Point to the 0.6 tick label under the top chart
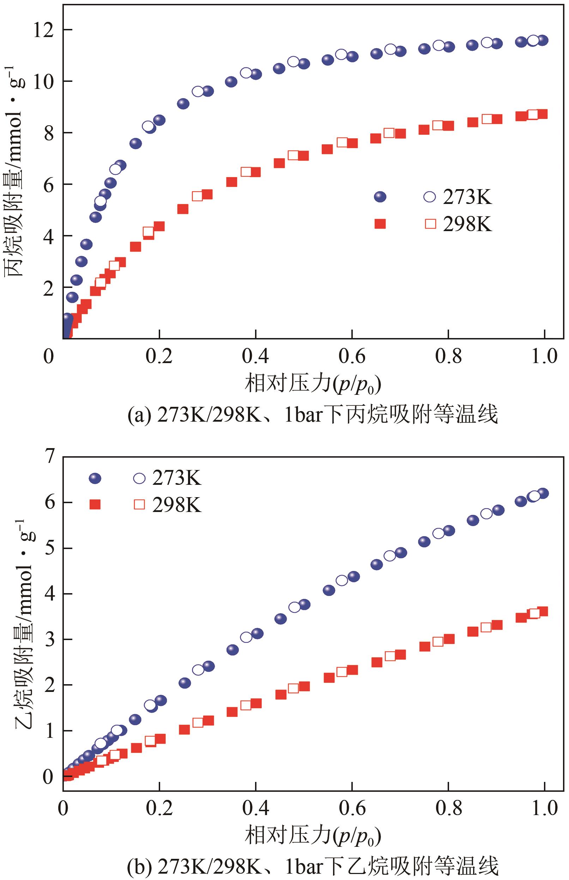[352, 356]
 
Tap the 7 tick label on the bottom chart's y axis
[50, 457]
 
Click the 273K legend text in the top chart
[467, 197]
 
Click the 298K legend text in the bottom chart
[177, 505]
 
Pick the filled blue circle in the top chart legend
[380, 197]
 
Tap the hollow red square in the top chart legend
[430, 224]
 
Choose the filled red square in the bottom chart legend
[95, 505]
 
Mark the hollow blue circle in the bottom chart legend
[139, 478]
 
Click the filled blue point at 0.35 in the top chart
[231, 82]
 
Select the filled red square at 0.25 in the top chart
[183, 209]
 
